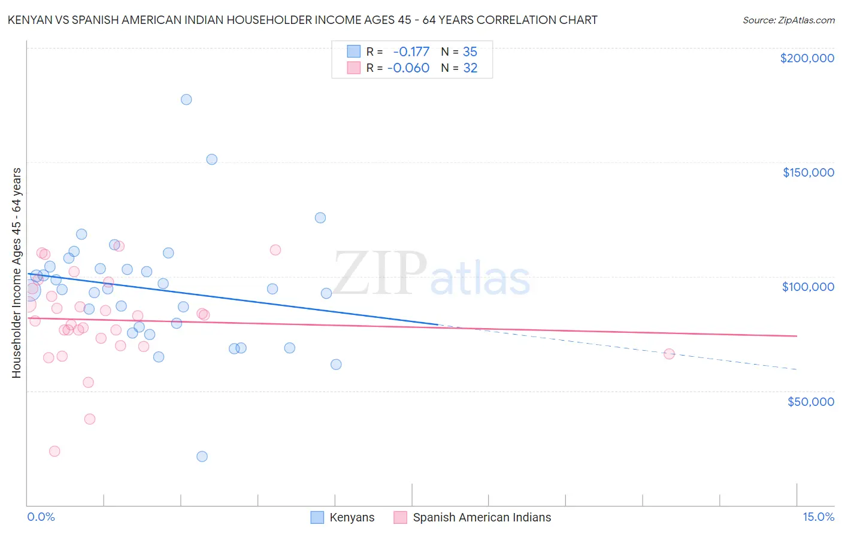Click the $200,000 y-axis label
pos(807,58)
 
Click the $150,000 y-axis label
pos(808,172)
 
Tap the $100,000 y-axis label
pos(808,287)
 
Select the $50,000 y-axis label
pos(810,401)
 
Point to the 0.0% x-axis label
pos(41,517)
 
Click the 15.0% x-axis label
pos(818,517)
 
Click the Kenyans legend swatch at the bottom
pos(317,517)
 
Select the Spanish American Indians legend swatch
pos(400,517)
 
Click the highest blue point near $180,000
pos(186,99)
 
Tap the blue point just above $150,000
pos(211,159)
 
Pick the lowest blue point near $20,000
pos(202,456)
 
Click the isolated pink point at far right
pos(669,354)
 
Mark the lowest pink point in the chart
pos(54,451)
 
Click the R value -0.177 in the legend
pos(411,51)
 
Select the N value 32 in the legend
pos(470,68)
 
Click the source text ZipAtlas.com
pos(788,20)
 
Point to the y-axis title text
pos(16,273)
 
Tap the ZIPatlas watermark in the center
pos(431,274)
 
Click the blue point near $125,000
pos(320,218)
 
